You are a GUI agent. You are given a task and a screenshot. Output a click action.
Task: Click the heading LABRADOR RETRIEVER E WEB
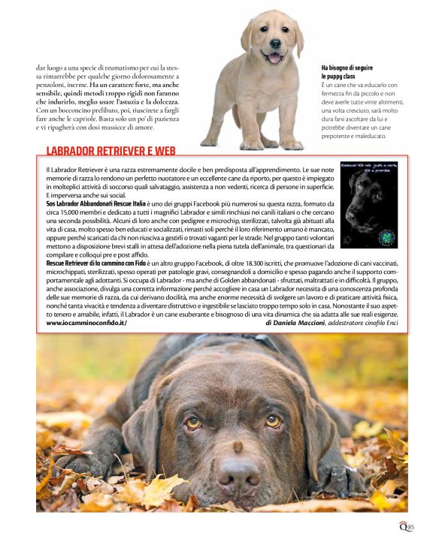tap(111, 151)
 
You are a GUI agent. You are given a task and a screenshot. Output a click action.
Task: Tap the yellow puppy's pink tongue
tap(274, 57)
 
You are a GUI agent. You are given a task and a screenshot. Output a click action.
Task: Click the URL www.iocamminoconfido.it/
tap(86, 323)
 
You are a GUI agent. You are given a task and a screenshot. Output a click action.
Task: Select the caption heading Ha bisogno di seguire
tap(344, 68)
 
